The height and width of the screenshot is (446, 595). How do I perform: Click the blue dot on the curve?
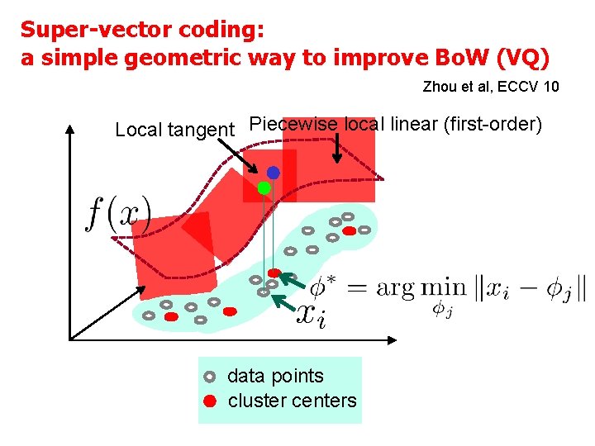(x=273, y=173)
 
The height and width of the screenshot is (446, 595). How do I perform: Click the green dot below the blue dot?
(x=264, y=188)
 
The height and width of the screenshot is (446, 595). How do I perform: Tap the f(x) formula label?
(x=117, y=216)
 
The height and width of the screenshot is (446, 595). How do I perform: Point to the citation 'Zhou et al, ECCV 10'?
(x=490, y=86)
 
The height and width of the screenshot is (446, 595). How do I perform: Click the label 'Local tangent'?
(x=174, y=130)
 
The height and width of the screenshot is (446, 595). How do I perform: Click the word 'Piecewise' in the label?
(x=293, y=124)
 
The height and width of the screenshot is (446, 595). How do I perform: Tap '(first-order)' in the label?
(x=493, y=124)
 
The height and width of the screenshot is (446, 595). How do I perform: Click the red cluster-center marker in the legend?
(x=210, y=402)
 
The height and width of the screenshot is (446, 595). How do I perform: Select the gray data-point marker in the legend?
(x=210, y=377)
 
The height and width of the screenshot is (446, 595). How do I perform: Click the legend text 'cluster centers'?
(x=292, y=401)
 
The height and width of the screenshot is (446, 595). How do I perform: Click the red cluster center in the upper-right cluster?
(x=350, y=231)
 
